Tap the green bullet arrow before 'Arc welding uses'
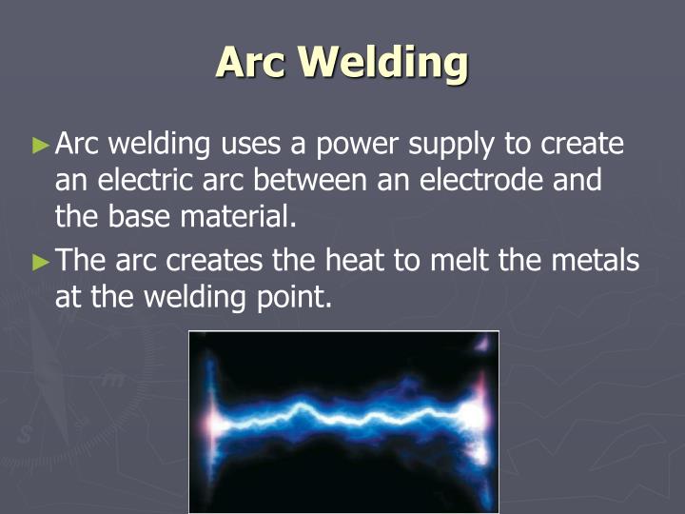(39, 146)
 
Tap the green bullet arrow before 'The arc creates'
(39, 260)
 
